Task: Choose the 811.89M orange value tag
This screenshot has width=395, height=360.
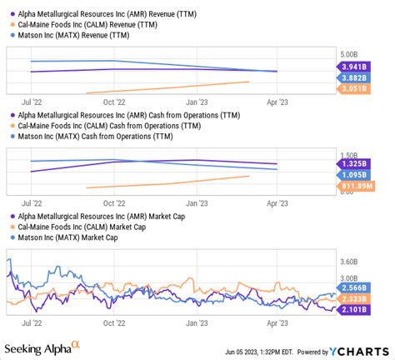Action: pos(353,187)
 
